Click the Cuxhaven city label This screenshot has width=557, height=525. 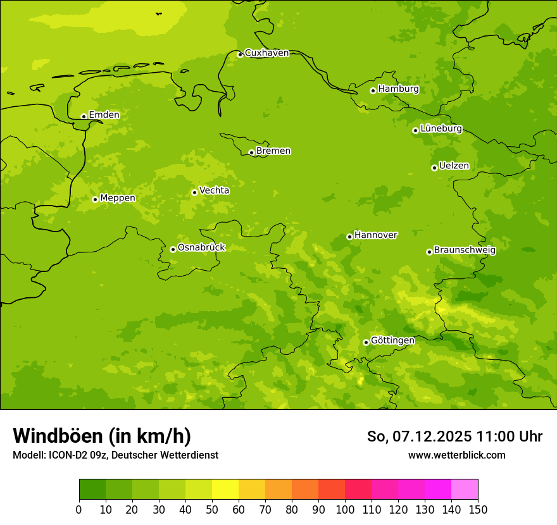(x=266, y=52)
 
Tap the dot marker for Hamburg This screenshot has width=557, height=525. (x=373, y=90)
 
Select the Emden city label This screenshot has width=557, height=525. (x=104, y=114)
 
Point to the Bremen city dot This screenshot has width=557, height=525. (x=251, y=152)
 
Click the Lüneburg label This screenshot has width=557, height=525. (x=441, y=128)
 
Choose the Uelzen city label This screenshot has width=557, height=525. (x=454, y=166)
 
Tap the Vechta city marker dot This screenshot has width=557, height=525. (x=194, y=192)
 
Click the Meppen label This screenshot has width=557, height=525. (x=118, y=198)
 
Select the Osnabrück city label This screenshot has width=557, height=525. (x=201, y=247)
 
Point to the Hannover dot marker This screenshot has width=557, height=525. (x=349, y=237)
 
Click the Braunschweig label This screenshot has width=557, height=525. (x=465, y=250)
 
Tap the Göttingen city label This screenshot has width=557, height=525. (x=392, y=340)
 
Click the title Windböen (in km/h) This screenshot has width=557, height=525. (x=102, y=436)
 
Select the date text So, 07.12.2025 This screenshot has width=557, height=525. (x=419, y=436)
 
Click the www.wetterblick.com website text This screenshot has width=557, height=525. (x=456, y=455)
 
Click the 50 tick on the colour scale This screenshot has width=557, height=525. (x=212, y=509)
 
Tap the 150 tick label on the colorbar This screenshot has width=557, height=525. (x=478, y=509)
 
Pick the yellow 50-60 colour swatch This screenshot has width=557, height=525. (x=225, y=490)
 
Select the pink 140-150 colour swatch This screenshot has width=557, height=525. (x=465, y=490)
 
